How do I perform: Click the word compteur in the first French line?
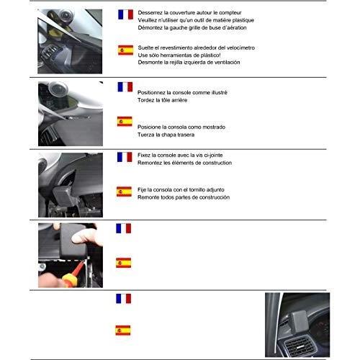(x=230, y=13)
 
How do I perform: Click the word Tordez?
(x=145, y=100)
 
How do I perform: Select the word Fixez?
(x=144, y=156)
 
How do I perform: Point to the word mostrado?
(x=214, y=127)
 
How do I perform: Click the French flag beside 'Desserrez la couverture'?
(x=125, y=14)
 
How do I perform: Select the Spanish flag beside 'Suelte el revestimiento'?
(x=125, y=50)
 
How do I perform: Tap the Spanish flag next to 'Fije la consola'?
(x=124, y=192)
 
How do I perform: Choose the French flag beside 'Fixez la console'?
(x=125, y=157)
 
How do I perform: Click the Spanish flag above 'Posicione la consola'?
(x=125, y=122)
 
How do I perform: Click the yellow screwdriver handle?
(x=70, y=280)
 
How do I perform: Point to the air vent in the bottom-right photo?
(x=299, y=346)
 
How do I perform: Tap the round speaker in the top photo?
(x=66, y=16)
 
